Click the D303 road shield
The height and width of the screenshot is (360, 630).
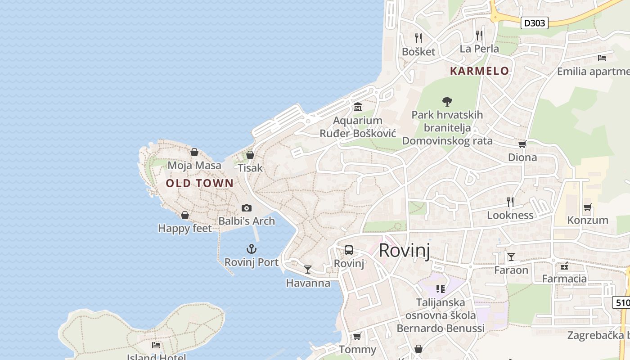point(535,23)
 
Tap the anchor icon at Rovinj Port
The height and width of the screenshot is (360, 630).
point(252,249)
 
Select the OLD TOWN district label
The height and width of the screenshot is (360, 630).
point(200,183)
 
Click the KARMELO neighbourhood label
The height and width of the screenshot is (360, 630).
point(479,71)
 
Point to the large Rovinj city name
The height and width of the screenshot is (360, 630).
point(404,250)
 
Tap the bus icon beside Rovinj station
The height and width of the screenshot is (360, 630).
point(349,250)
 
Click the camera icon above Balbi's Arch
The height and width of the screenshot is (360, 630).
point(246,208)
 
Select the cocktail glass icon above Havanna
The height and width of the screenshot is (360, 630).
point(308,270)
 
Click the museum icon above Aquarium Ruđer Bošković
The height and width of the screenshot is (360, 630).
point(358,107)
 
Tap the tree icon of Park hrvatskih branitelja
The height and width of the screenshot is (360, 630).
point(447,101)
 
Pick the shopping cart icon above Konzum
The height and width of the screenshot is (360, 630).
point(587,207)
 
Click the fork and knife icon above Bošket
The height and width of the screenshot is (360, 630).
point(418,38)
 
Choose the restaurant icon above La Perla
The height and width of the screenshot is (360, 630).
point(479,35)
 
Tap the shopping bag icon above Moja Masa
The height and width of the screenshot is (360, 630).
point(194,152)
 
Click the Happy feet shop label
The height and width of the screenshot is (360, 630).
point(184,229)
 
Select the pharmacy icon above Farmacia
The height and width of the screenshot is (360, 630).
point(564,266)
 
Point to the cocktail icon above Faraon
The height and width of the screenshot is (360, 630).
point(511,257)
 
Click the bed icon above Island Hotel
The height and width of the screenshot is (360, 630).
point(156,345)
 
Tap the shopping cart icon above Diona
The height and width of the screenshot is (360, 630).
point(522,144)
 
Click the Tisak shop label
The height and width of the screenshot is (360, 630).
point(250,168)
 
